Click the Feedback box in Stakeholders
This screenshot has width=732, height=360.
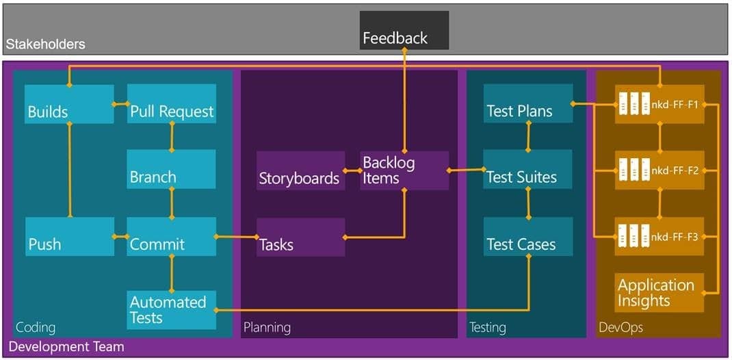pos(404,30)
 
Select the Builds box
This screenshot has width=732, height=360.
pos(69,103)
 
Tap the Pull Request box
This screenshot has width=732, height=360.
pos(172,103)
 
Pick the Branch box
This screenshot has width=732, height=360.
pos(171,169)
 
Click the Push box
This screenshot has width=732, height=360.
pos(70,236)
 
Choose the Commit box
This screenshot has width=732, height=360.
pos(172,236)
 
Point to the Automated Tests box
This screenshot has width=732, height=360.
pos(172,309)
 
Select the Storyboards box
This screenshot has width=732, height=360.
pos(301,170)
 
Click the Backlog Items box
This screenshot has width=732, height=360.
pos(404,170)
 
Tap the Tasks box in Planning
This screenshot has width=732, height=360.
pos(301,237)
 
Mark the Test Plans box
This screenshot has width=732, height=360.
pos(528,103)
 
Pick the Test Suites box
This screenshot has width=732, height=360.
pos(528,169)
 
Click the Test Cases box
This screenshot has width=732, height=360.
pos(528,236)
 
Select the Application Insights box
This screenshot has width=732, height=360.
pos(659,292)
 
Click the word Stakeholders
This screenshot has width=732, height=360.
pos(45,44)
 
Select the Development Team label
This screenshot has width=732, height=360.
pos(67,347)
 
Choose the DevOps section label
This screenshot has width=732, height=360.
pos(621,328)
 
